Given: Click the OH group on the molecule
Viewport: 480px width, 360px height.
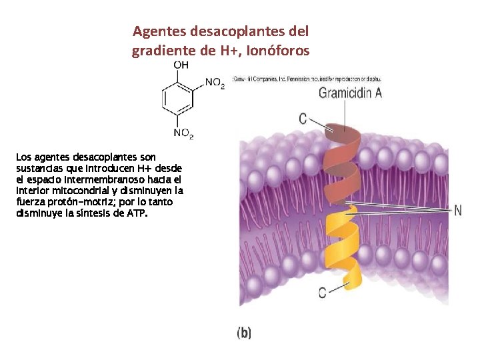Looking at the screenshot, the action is tap(181, 65).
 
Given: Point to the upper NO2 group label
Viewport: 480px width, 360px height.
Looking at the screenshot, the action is tap(215, 83).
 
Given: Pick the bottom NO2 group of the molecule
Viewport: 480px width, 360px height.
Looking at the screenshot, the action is tap(183, 133).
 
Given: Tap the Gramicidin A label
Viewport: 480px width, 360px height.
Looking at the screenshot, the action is tap(350, 93).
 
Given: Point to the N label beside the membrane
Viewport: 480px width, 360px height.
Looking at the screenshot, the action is tap(457, 211).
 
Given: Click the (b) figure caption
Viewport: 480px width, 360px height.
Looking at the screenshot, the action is tap(244, 333).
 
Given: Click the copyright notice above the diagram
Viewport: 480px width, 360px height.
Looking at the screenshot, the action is tap(313, 79).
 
